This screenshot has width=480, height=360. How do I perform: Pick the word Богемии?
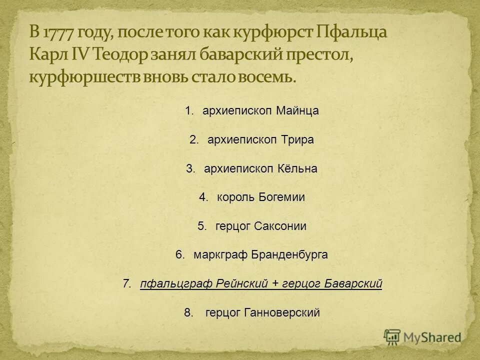click(x=282, y=197)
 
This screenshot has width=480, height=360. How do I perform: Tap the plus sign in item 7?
click(x=275, y=284)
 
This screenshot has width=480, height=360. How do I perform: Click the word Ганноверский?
click(x=282, y=313)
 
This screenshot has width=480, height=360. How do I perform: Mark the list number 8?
click(x=188, y=313)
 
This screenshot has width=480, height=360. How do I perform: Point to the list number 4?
click(x=202, y=197)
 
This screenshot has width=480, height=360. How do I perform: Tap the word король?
click(x=236, y=197)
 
